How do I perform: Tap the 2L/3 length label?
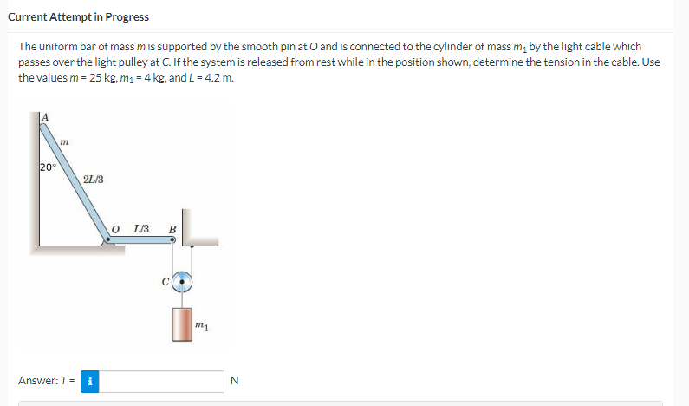coord(94,180)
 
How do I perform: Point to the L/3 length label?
coord(142,229)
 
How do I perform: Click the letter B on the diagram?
coord(172,230)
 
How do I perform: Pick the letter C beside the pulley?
coord(164,281)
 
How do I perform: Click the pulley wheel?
coord(182,281)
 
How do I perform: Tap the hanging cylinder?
coord(182,324)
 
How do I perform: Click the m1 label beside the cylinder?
coord(201,325)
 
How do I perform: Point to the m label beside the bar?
coord(65,141)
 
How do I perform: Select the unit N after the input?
coord(233,381)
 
